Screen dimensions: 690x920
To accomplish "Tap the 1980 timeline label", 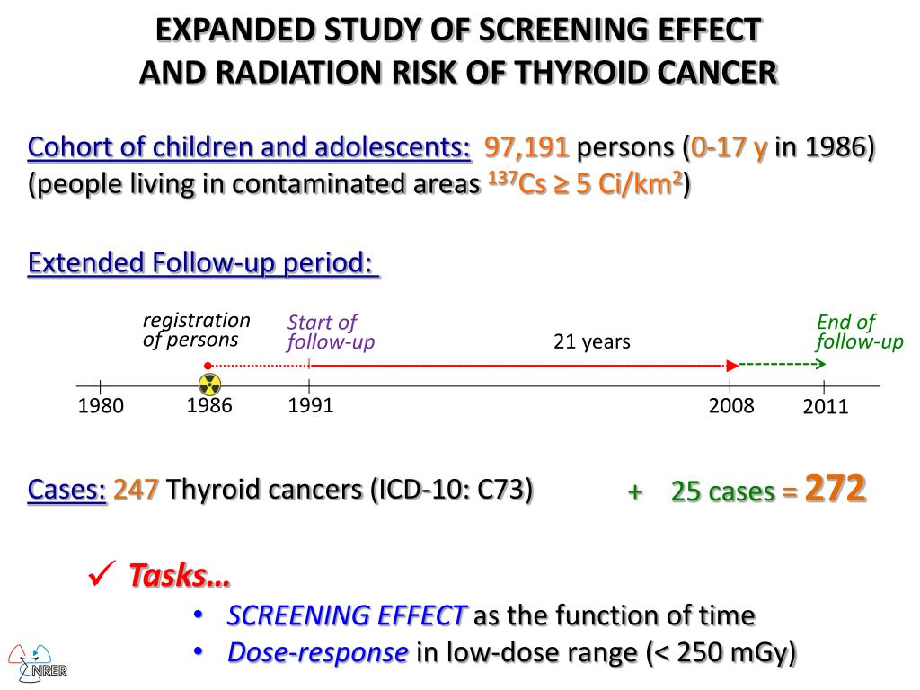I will tap(101, 407).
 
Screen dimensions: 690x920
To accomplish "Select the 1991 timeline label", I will tap(310, 405).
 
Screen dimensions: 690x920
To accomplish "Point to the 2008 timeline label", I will tap(731, 406).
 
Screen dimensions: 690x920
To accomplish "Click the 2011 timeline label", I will tap(826, 408).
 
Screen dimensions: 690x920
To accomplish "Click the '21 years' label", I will tap(591, 341).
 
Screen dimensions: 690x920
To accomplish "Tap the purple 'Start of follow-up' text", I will tap(331, 332).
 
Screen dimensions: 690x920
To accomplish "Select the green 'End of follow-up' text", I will tap(859, 332).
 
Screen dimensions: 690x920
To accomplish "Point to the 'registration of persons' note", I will tap(197, 330).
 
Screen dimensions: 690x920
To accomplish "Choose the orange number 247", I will tap(137, 490).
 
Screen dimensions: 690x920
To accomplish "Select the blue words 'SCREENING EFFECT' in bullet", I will tap(347, 615).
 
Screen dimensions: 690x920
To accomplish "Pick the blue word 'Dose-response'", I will tap(318, 652).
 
